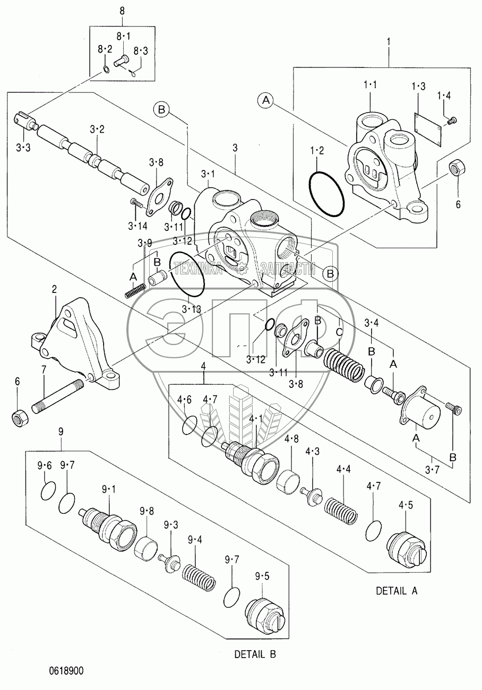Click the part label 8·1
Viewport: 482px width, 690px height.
pyautogui.click(x=123, y=36)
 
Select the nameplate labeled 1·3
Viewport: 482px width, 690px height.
pyautogui.click(x=428, y=130)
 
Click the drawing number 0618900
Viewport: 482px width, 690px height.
pyautogui.click(x=66, y=670)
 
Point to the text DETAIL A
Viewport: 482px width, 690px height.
pyautogui.click(x=397, y=591)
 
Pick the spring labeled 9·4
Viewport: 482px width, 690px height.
pyautogui.click(x=198, y=577)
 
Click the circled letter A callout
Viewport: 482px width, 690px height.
pyautogui.click(x=266, y=100)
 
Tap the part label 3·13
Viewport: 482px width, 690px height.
pyautogui.click(x=191, y=309)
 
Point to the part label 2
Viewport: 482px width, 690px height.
pyautogui.click(x=54, y=289)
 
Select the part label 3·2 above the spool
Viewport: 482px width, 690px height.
pyautogui.click(x=97, y=129)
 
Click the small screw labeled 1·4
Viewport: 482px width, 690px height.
pyautogui.click(x=452, y=121)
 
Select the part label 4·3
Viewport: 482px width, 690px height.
pyautogui.click(x=313, y=452)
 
